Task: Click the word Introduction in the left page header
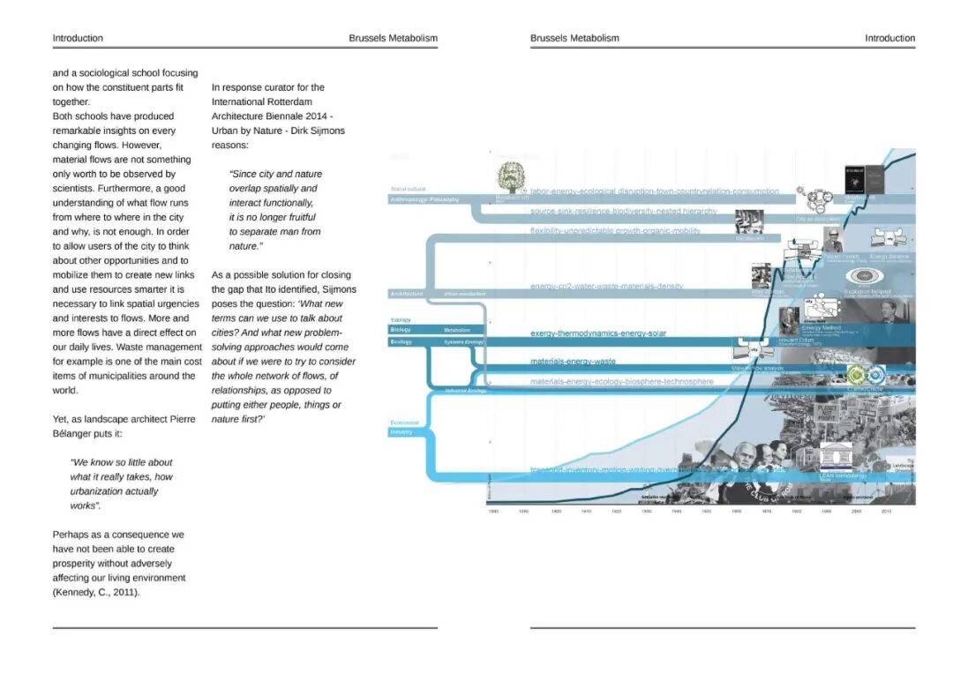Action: (78, 38)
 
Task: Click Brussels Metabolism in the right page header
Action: (574, 38)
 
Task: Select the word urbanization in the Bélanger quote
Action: (100, 491)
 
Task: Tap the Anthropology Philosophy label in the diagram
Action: (424, 199)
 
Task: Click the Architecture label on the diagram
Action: (406, 293)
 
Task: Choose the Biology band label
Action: (401, 330)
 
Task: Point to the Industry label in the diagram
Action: (401, 432)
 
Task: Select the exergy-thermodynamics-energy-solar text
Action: (597, 333)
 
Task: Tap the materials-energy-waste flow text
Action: (573, 362)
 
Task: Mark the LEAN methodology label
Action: (843, 476)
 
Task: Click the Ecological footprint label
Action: (868, 291)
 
